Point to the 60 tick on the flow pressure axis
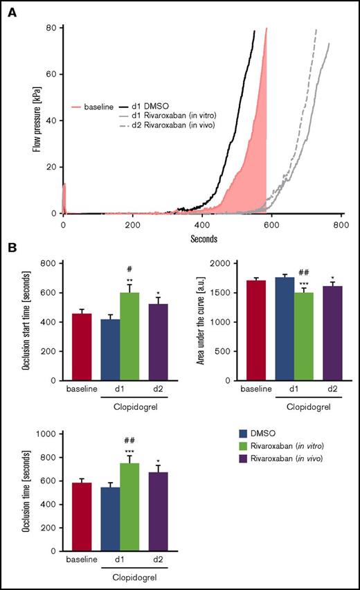(x=52, y=74)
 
